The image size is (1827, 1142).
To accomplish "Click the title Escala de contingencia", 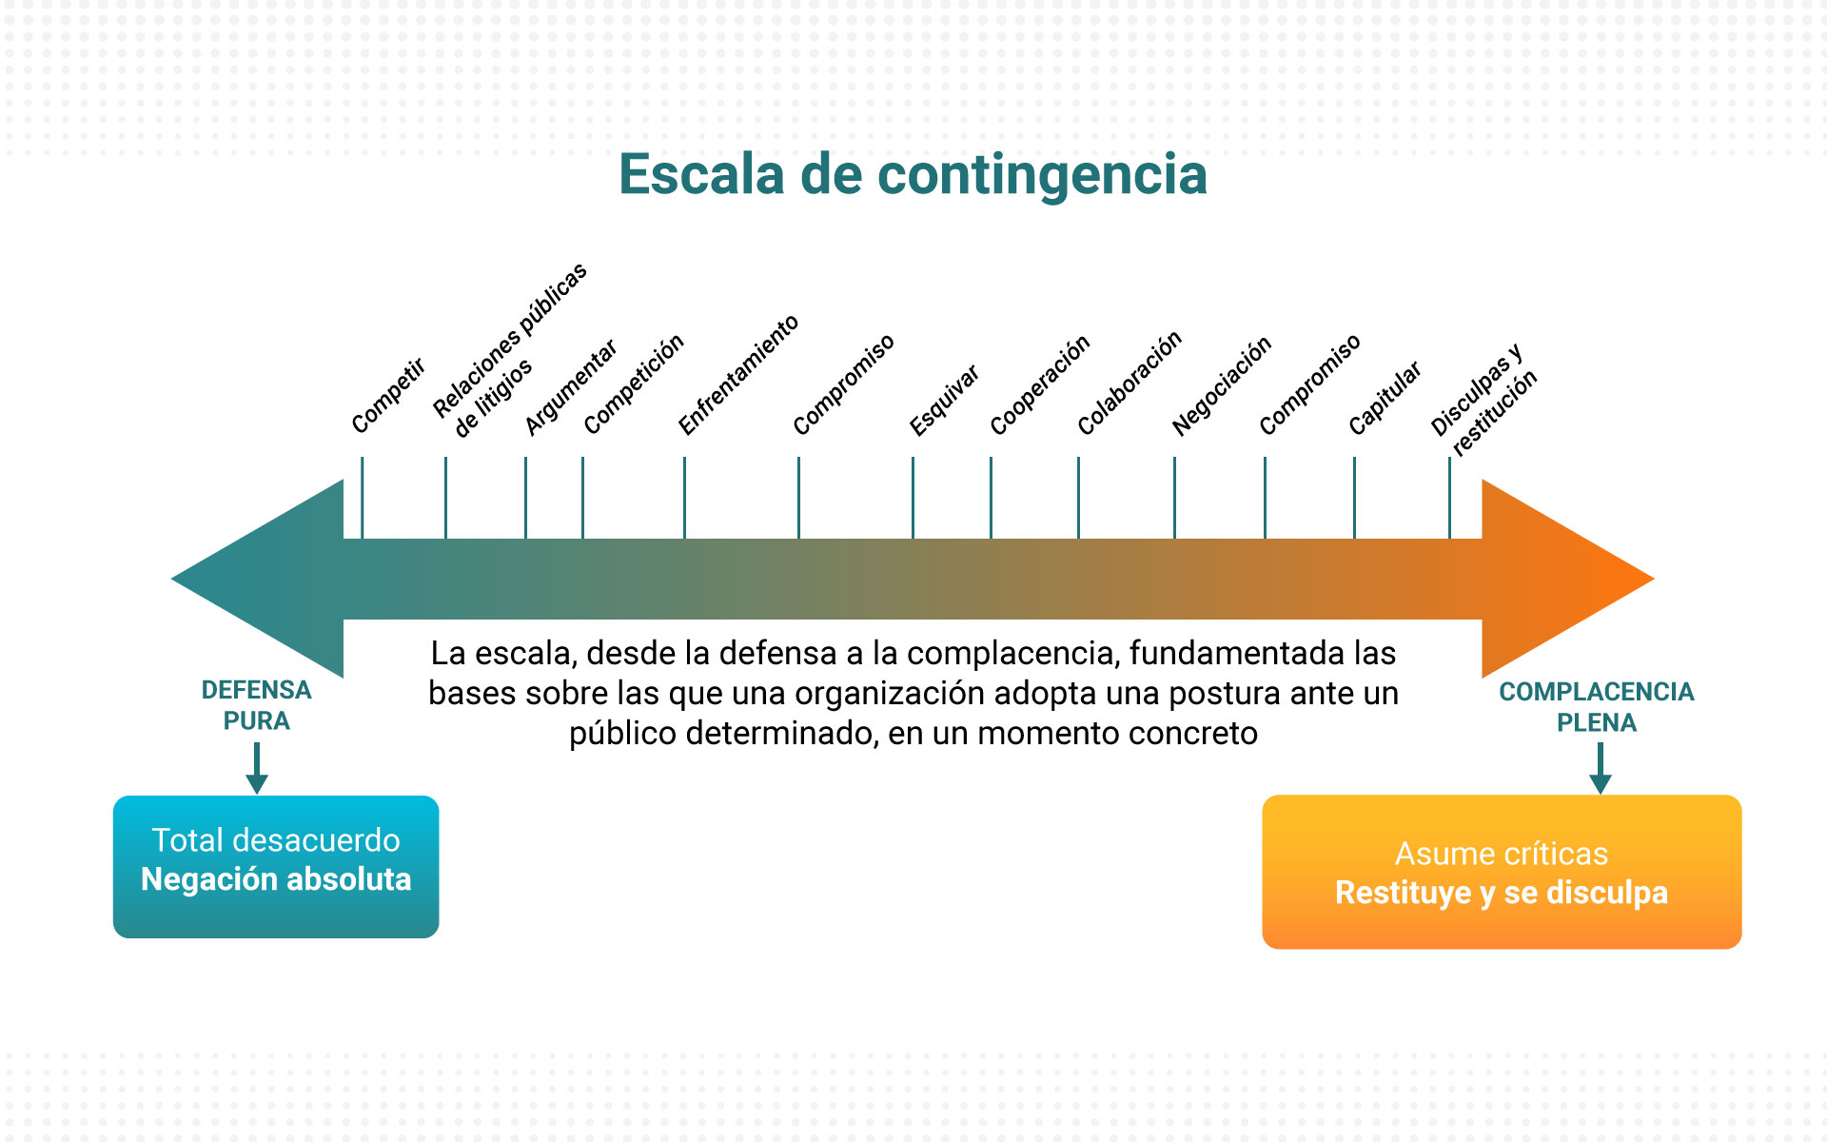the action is click(913, 175).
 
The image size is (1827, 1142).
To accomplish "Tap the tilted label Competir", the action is click(388, 396).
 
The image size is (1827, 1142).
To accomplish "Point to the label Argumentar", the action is click(571, 388).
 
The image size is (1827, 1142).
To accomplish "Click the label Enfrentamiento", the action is click(738, 375).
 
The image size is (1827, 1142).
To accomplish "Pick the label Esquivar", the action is click(944, 401).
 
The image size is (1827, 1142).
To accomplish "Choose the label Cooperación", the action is click(1040, 386).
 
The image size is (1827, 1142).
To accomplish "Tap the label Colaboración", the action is click(1130, 384).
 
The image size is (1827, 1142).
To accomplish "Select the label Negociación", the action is click(1222, 386).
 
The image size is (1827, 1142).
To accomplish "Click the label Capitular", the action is click(1385, 399).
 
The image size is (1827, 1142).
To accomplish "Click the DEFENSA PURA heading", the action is click(256, 705).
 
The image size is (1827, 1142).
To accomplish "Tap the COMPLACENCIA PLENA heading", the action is click(1597, 707).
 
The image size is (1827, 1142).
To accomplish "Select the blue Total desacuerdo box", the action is click(276, 867).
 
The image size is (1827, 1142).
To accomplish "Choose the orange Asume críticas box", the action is click(1502, 872).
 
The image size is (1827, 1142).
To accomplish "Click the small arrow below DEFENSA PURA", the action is click(257, 768).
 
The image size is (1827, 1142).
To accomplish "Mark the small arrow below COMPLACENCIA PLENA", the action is click(1601, 768).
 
